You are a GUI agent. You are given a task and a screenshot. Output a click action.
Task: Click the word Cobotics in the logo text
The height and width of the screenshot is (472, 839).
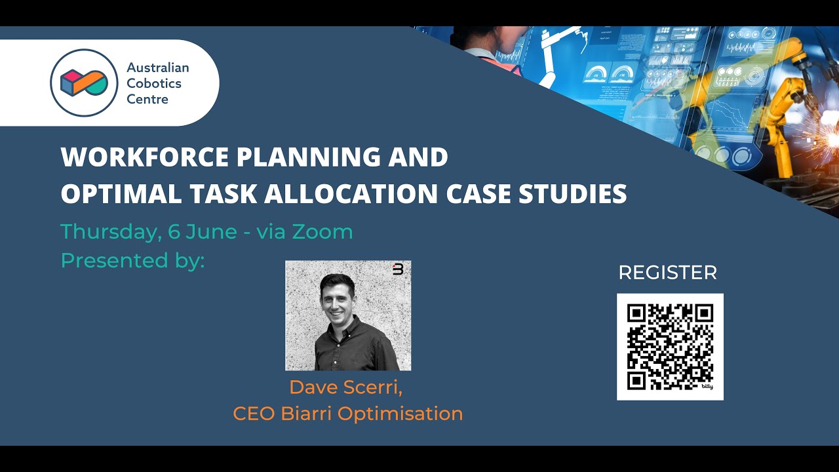click(154, 83)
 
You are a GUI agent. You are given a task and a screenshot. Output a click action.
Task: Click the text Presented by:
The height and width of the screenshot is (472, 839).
click(133, 260)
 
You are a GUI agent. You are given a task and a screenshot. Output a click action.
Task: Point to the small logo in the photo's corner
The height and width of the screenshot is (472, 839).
click(398, 269)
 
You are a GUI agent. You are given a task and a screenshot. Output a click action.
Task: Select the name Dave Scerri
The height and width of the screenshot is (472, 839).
click(346, 387)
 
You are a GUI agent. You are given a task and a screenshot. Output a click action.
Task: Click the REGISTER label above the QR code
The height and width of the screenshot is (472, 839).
click(668, 273)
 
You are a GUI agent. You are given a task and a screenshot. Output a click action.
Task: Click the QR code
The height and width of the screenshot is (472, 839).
click(669, 346)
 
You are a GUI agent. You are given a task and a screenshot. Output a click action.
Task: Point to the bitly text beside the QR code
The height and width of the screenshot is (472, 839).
click(707, 387)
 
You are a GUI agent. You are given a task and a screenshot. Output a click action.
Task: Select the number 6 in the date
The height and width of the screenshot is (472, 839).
click(174, 231)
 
